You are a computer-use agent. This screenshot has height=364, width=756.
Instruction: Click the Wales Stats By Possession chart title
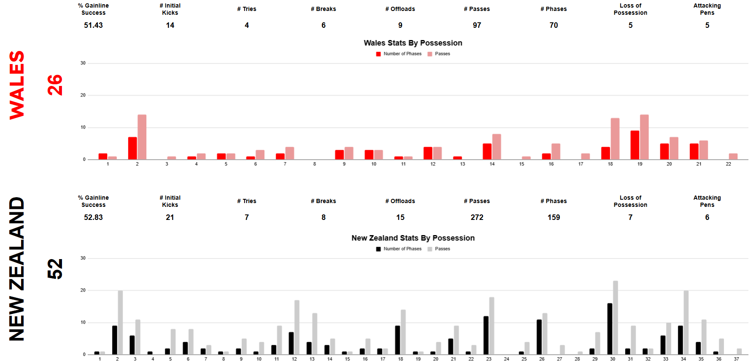(413, 43)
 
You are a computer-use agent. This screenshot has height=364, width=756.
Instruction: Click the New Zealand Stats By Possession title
(413, 238)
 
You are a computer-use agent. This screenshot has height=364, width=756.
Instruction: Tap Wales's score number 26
(55, 85)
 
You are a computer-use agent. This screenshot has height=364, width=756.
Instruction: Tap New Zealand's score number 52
(55, 269)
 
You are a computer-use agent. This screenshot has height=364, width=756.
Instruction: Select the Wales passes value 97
(477, 25)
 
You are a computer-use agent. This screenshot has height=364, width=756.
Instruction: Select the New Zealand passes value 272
(477, 217)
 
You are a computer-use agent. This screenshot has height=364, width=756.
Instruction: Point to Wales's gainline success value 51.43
(93, 25)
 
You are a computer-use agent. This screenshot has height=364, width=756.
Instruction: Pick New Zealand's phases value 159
(554, 217)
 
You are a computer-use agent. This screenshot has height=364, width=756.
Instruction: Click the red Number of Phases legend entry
(399, 54)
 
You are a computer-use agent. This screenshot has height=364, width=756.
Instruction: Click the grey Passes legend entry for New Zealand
(439, 249)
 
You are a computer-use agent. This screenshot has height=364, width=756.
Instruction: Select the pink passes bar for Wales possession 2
(142, 137)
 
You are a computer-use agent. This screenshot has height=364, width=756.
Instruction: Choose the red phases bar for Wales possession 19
(635, 145)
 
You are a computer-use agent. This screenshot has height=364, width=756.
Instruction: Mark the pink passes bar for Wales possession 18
(615, 139)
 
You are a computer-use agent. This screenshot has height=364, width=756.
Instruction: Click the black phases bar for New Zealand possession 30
(610, 329)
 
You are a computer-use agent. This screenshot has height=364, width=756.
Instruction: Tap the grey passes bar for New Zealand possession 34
(686, 322)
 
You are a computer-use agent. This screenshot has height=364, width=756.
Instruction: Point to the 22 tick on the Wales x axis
(728, 164)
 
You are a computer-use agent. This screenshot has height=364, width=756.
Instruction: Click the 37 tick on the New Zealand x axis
(736, 359)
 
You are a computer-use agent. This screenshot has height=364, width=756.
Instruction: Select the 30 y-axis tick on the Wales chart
(83, 63)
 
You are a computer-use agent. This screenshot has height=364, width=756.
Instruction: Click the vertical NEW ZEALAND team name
(17, 269)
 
